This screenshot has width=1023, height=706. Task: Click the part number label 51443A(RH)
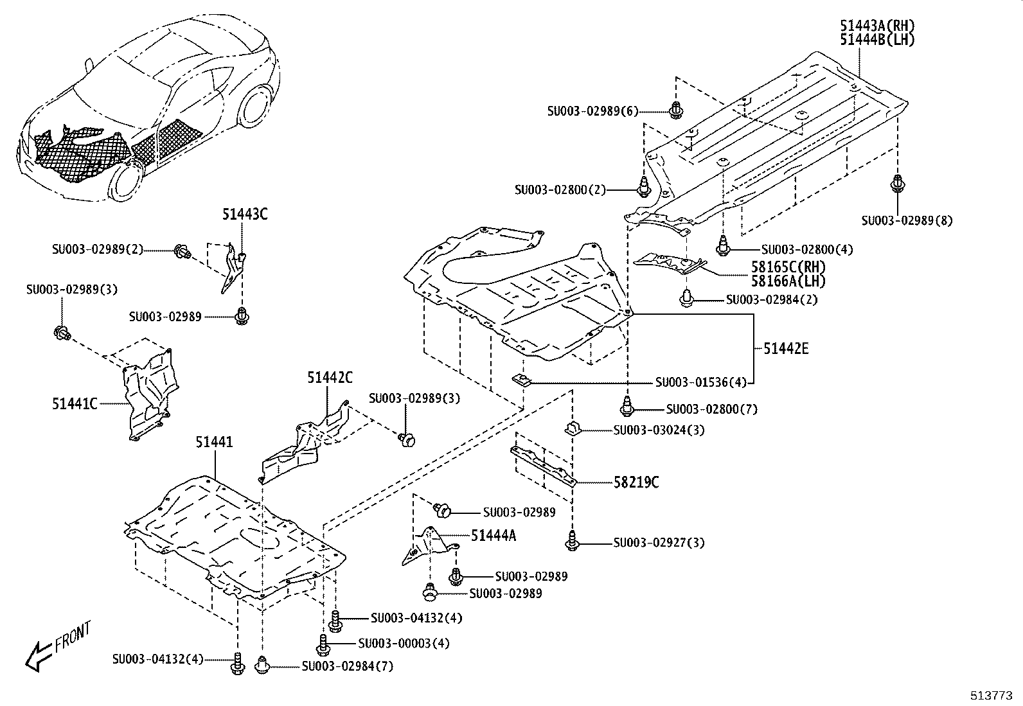pos(876,26)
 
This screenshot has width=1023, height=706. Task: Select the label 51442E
pos(786,349)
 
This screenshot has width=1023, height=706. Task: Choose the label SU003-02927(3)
pos(659,543)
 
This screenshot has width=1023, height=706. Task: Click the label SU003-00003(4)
pos(404,643)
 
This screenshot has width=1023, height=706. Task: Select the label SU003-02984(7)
pos(347,667)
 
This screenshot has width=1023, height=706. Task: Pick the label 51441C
pos(75,403)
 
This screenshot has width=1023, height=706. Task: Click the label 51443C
pos(245,215)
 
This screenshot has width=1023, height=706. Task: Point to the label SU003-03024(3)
pos(659,430)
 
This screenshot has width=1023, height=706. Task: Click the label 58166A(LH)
pos(788,281)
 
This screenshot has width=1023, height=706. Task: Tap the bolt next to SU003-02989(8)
pos(897,184)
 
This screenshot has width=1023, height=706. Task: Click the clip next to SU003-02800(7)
pos(627,407)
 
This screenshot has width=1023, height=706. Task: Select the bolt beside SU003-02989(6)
pos(675,110)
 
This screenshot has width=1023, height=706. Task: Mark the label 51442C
pos(329,378)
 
